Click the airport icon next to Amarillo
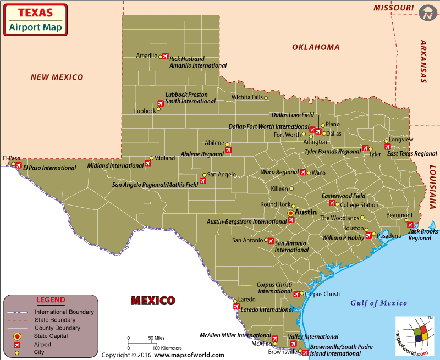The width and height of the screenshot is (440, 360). [x=165, y=56]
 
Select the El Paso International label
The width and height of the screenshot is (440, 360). [x=50, y=168]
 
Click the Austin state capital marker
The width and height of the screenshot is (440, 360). [x=291, y=212]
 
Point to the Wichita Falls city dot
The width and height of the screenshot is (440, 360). [x=266, y=98]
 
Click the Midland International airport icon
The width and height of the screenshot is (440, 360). [x=147, y=163]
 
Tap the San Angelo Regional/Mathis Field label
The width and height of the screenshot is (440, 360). [x=155, y=185]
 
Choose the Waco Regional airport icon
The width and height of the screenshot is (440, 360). [x=302, y=173]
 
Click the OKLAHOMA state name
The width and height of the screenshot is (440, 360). [x=315, y=47]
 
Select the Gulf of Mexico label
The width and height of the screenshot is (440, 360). [x=379, y=303]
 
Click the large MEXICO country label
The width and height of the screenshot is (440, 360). [x=153, y=301]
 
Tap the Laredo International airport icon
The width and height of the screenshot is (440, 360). [x=236, y=307]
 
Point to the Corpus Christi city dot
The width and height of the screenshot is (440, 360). [x=301, y=293]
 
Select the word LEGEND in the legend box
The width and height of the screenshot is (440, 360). [x=51, y=300]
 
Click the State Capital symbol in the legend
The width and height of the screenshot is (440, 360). [x=17, y=336]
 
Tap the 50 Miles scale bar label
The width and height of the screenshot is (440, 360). [x=156, y=338]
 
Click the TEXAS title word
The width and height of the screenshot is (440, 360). [x=35, y=12]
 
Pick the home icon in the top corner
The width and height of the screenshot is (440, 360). [x=427, y=13]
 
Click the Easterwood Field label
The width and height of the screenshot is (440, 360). [x=343, y=196]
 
